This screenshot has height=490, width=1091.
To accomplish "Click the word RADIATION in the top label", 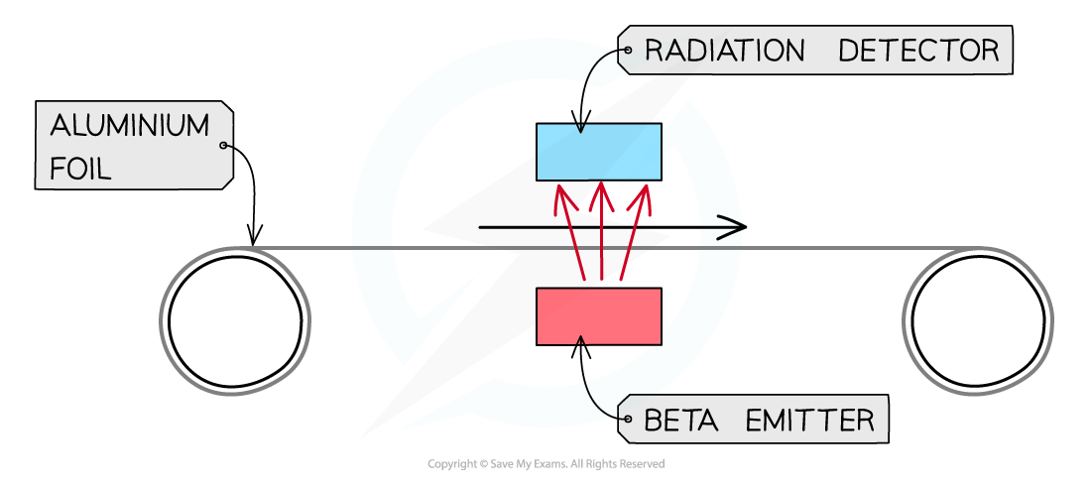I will (x=724, y=51).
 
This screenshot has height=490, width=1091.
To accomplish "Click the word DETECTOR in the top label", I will (x=918, y=51).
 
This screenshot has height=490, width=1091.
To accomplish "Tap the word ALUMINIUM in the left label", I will (x=129, y=127).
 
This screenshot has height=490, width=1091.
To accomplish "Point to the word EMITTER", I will (x=809, y=421).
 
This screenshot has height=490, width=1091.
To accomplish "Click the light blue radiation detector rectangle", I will (x=598, y=152).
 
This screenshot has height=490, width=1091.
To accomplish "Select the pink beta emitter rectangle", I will (x=598, y=316).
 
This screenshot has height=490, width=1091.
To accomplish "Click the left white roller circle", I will (x=235, y=320).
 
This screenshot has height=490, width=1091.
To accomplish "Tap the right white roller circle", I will (x=978, y=320).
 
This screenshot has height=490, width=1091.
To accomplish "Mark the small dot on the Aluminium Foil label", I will (x=224, y=146).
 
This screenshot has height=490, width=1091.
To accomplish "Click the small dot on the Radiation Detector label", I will (x=627, y=49).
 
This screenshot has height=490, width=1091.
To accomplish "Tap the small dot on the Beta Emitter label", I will (x=627, y=420).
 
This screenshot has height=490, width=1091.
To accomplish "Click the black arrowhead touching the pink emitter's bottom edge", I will (x=581, y=342).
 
